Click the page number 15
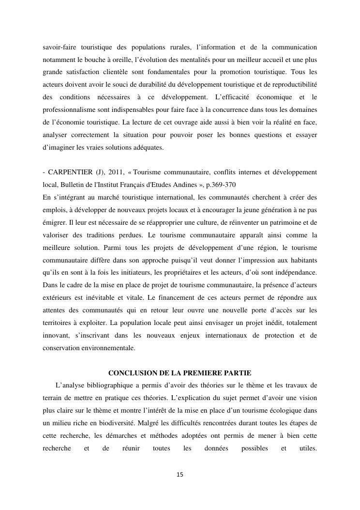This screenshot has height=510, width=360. tap(180, 475)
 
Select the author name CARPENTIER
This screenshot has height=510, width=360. tap(69, 172)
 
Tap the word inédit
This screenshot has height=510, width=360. tap(251, 323)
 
